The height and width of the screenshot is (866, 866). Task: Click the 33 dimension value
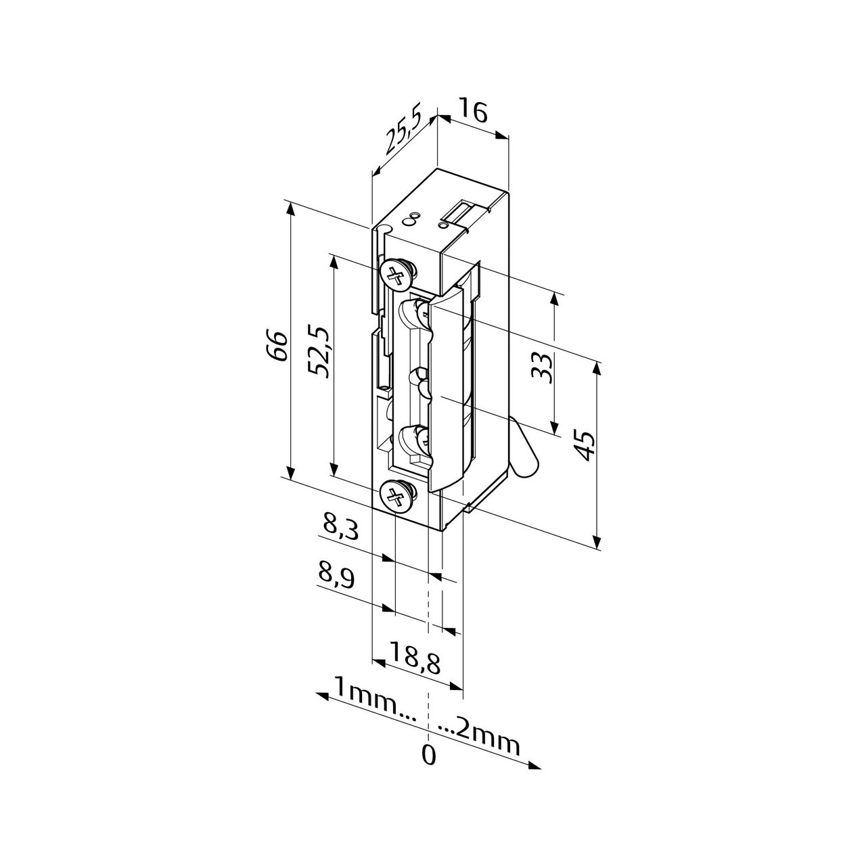click(542, 369)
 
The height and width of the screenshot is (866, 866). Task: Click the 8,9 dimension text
click(337, 576)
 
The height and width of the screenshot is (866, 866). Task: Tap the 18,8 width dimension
click(415, 658)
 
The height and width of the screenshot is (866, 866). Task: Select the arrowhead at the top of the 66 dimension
click(292, 208)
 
